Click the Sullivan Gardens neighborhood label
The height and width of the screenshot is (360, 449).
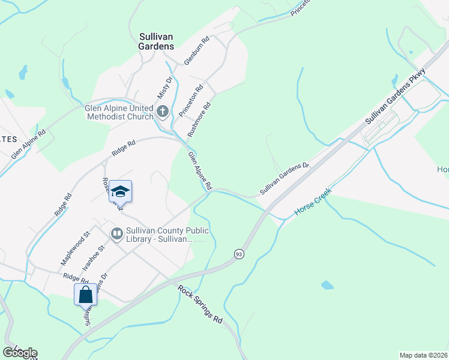pyautogui.click(x=148, y=41)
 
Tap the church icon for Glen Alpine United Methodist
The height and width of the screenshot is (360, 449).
pyautogui.click(x=162, y=111)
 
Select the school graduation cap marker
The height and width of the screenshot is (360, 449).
pyautogui.click(x=120, y=191)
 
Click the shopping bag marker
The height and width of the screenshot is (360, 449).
pyautogui.click(x=85, y=295)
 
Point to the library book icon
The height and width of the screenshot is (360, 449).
pyautogui.click(x=116, y=232)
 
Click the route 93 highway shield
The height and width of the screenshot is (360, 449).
pyautogui.click(x=238, y=254)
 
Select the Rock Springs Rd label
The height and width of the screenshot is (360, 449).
pyautogui.click(x=200, y=304)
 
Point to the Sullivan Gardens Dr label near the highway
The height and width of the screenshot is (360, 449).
pyautogui.click(x=284, y=178)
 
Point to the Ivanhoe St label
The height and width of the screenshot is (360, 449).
pyautogui.click(x=93, y=257)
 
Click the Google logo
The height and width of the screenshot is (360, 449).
pyautogui.click(x=20, y=352)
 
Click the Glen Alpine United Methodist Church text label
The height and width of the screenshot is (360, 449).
pyautogui.click(x=119, y=113)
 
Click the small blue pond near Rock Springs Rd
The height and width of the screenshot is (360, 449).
pyautogui.click(x=327, y=285)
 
